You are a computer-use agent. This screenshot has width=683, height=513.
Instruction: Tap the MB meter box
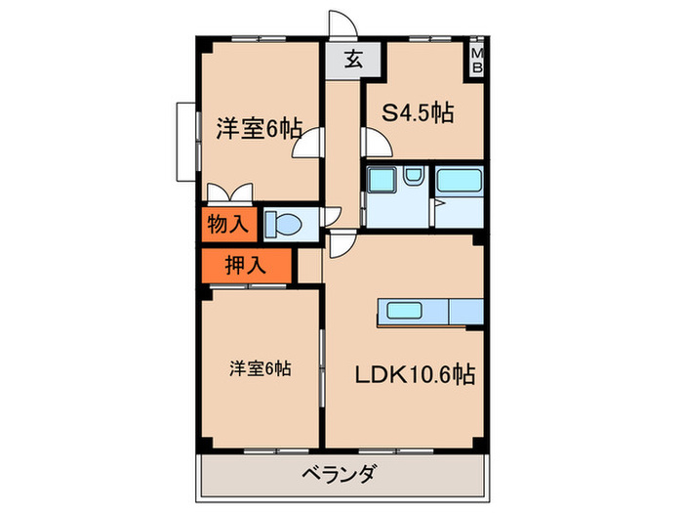click(x=477, y=60)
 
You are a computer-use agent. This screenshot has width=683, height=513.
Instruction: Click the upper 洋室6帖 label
click(x=258, y=128)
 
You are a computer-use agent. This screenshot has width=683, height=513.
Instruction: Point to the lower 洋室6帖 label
click(x=261, y=368)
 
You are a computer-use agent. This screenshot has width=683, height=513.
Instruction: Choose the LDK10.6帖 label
click(x=415, y=374)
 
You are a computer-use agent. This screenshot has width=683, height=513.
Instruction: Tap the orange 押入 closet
click(x=246, y=263)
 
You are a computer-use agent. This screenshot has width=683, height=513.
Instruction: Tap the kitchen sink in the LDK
click(x=408, y=312)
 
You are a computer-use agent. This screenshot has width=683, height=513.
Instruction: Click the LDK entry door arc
click(x=341, y=245)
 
